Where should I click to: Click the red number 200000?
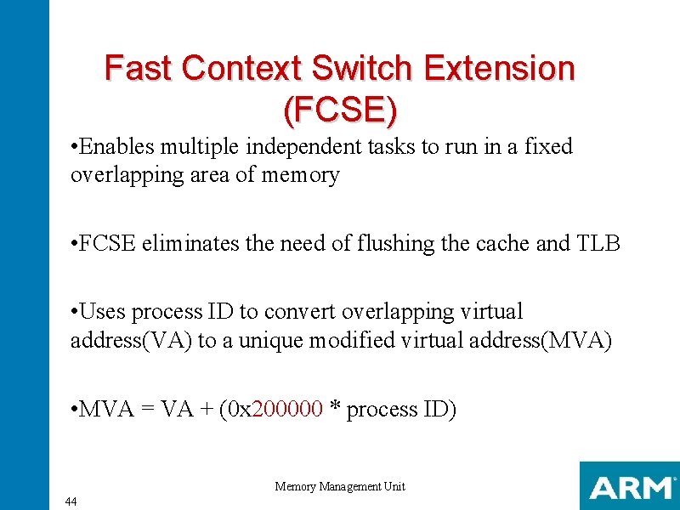click(288, 410)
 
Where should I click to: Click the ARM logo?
click(629, 487)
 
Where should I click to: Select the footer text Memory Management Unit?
click(340, 487)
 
